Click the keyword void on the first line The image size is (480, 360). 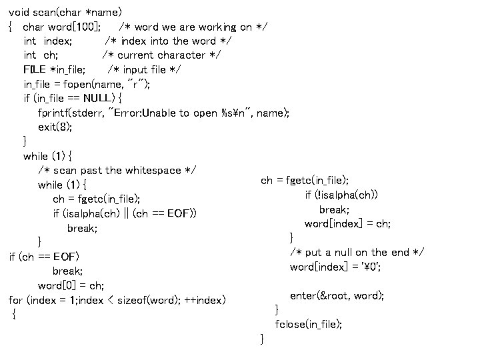(19, 12)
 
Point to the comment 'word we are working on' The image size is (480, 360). (193, 27)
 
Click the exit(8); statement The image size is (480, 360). (55, 127)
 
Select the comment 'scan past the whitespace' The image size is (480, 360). (117, 170)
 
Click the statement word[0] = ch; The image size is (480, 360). (71, 285)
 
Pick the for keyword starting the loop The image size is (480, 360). (16, 300)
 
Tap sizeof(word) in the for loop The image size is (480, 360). (144, 300)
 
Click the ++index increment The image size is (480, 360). (205, 300)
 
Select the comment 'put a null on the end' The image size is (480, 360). (357, 252)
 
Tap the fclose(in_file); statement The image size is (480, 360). (309, 324)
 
